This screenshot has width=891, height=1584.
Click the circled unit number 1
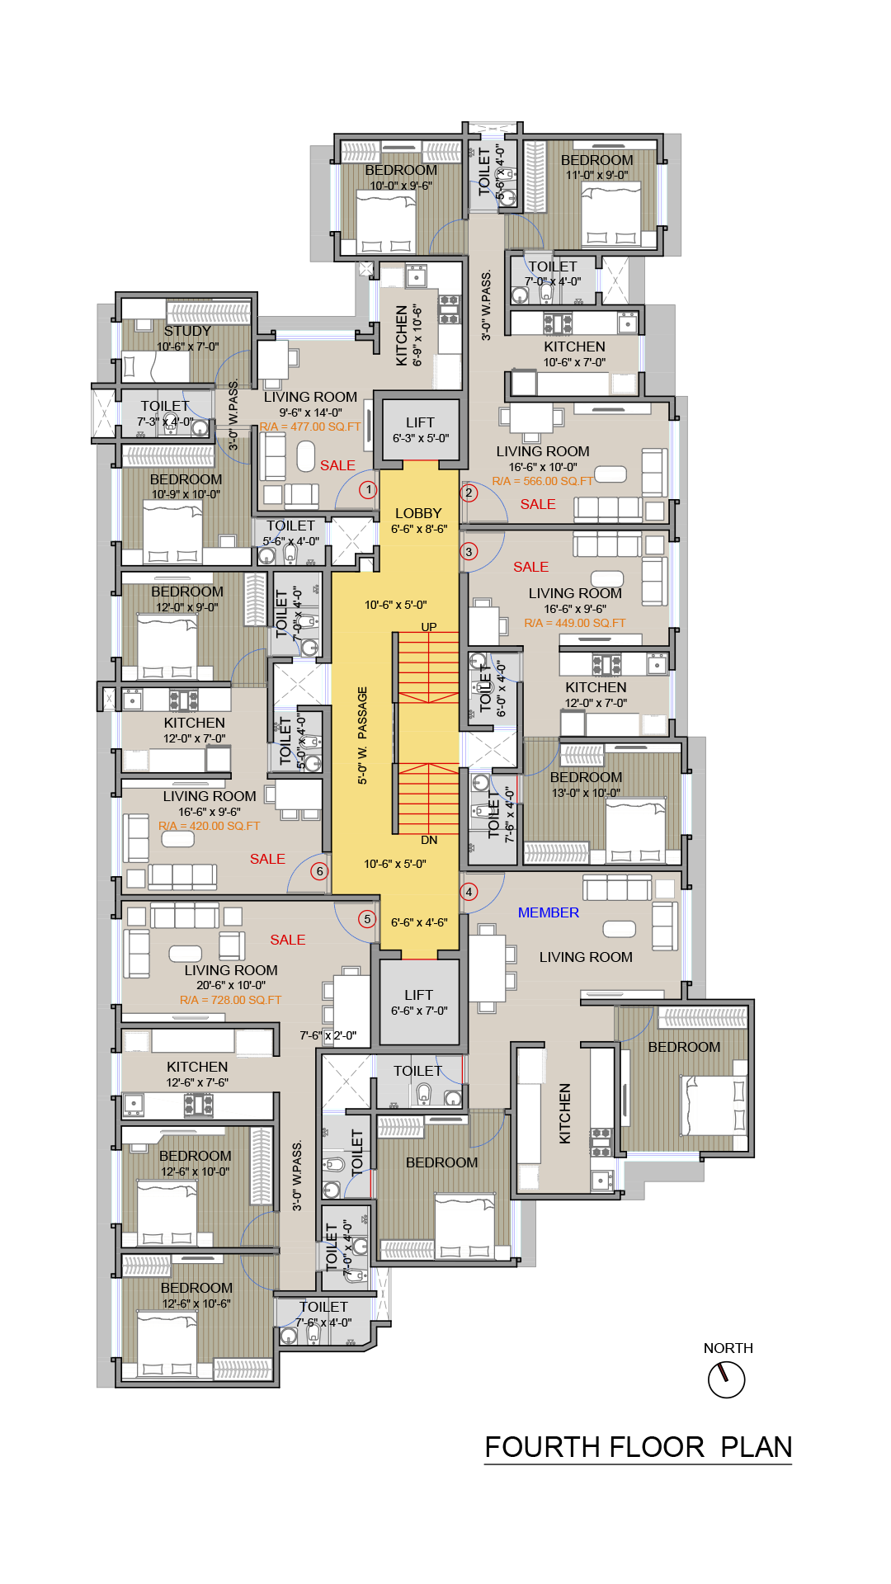pos(368,490)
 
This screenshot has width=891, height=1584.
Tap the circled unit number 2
pos(469,493)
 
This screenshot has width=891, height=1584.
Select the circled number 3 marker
pos(469,552)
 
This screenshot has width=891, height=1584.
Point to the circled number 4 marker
pos(469,892)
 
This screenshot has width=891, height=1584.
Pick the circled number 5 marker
pos(367,919)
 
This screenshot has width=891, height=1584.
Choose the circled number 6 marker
pos(320,871)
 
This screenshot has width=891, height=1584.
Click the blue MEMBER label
pos(549,912)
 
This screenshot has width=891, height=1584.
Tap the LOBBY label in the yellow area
pos(418,513)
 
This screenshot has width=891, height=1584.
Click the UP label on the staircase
pos(429,627)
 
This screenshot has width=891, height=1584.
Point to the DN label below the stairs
pos(429,840)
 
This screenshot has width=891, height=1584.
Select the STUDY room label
pos(187,331)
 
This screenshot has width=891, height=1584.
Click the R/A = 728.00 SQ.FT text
pos(231,1000)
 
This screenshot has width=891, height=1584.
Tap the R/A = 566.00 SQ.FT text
pos(542,481)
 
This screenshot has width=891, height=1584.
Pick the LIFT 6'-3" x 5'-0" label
pos(420,430)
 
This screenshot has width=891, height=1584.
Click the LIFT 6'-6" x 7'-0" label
pos(419,1002)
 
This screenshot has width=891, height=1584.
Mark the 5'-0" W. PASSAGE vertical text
pos(363,735)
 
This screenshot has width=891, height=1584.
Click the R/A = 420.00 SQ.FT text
pos(209,826)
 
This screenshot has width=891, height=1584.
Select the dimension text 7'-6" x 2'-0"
pos(328,1035)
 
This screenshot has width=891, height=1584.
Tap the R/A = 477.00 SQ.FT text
pos(310,427)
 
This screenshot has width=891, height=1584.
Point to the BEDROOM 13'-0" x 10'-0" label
pos(586,785)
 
